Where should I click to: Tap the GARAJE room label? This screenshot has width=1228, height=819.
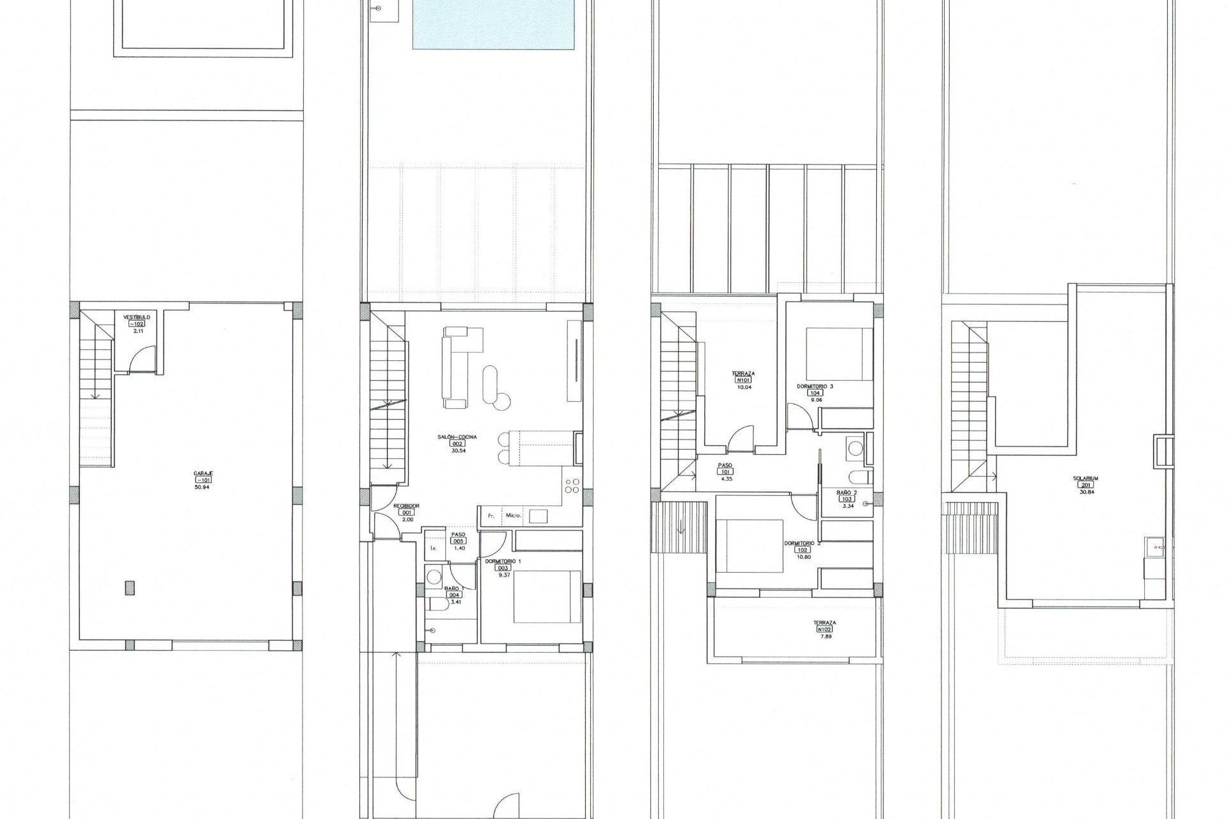point(203,473)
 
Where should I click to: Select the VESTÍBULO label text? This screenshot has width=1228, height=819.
point(137,317)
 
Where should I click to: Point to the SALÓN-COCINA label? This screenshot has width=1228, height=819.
point(457,437)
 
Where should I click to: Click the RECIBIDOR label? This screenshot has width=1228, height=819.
point(407,505)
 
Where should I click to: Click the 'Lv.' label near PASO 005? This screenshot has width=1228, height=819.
point(434,548)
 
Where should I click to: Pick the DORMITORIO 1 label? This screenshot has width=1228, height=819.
point(503,561)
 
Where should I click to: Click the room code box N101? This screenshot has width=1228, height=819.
point(743,380)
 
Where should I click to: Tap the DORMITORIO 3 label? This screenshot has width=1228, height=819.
point(815,386)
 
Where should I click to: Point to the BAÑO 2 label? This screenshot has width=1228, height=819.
point(847,492)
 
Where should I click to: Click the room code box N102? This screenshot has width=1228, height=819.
point(824,629)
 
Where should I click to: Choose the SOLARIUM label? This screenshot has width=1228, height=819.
point(1085,478)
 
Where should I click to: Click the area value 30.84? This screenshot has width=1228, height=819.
point(1085,492)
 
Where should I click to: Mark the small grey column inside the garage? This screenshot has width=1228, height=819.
point(130,587)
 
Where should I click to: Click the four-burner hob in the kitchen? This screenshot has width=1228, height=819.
point(572,486)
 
